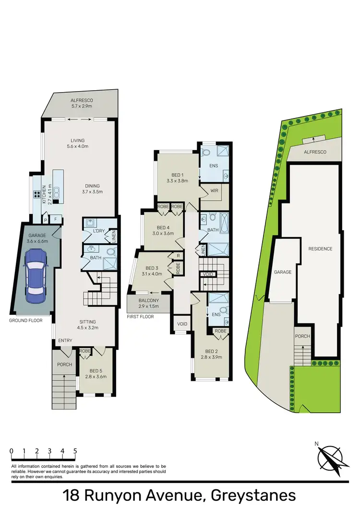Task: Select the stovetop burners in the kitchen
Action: click(36, 195)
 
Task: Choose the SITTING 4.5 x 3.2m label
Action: click(88, 325)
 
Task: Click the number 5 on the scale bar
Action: click(75, 451)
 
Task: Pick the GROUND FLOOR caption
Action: click(25, 320)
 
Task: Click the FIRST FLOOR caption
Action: click(141, 317)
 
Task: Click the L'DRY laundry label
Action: click(98, 232)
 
